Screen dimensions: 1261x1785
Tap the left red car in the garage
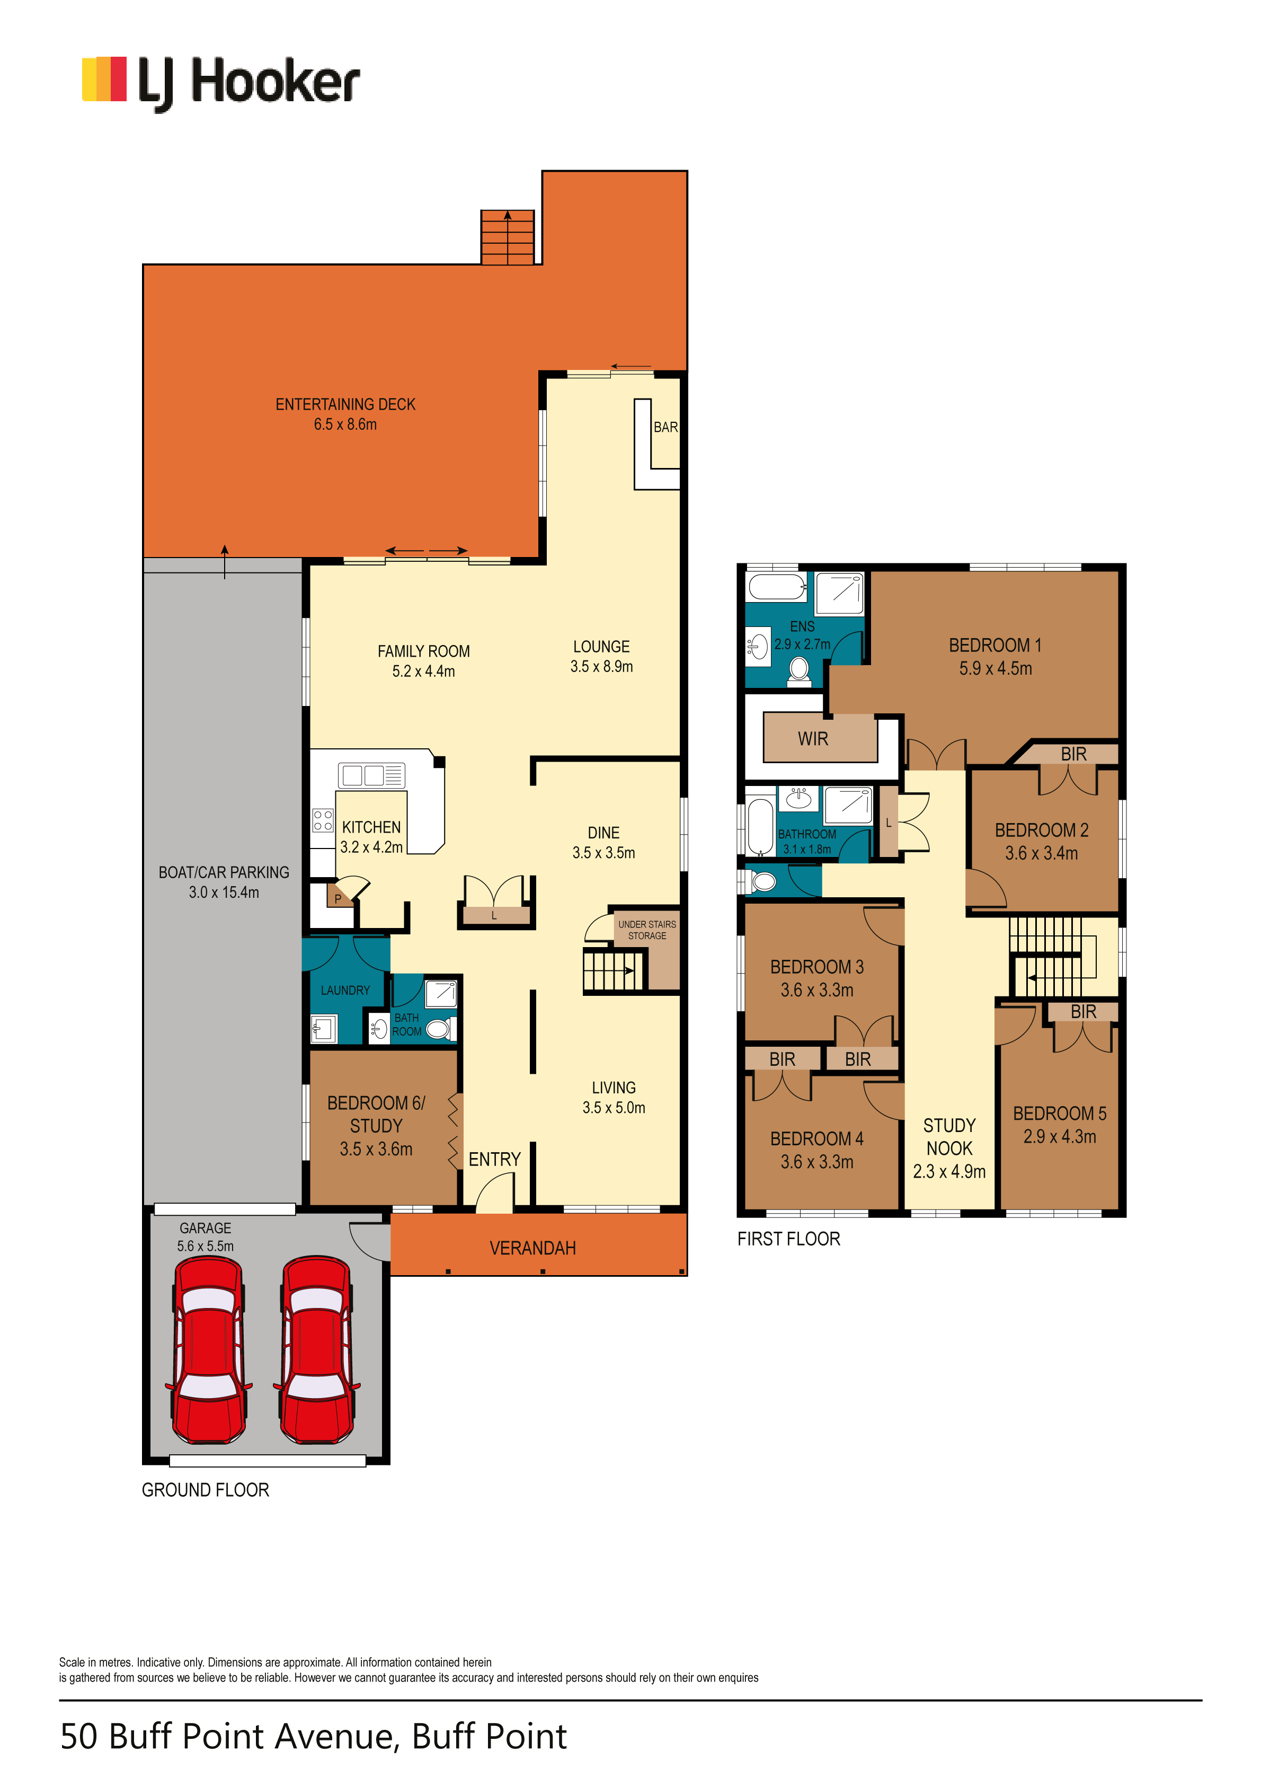click(x=208, y=1351)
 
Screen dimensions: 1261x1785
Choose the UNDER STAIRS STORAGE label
click(x=647, y=930)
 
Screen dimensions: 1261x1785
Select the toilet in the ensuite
click(x=798, y=671)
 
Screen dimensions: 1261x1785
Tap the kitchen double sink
click(x=371, y=775)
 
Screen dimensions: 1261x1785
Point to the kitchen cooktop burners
click(x=323, y=820)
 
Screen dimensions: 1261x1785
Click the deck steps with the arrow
click(x=508, y=237)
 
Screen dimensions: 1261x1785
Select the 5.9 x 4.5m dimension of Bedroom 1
click(x=995, y=669)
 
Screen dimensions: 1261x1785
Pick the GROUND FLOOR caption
click(x=205, y=1490)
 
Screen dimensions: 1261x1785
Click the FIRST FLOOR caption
click(x=788, y=1239)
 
